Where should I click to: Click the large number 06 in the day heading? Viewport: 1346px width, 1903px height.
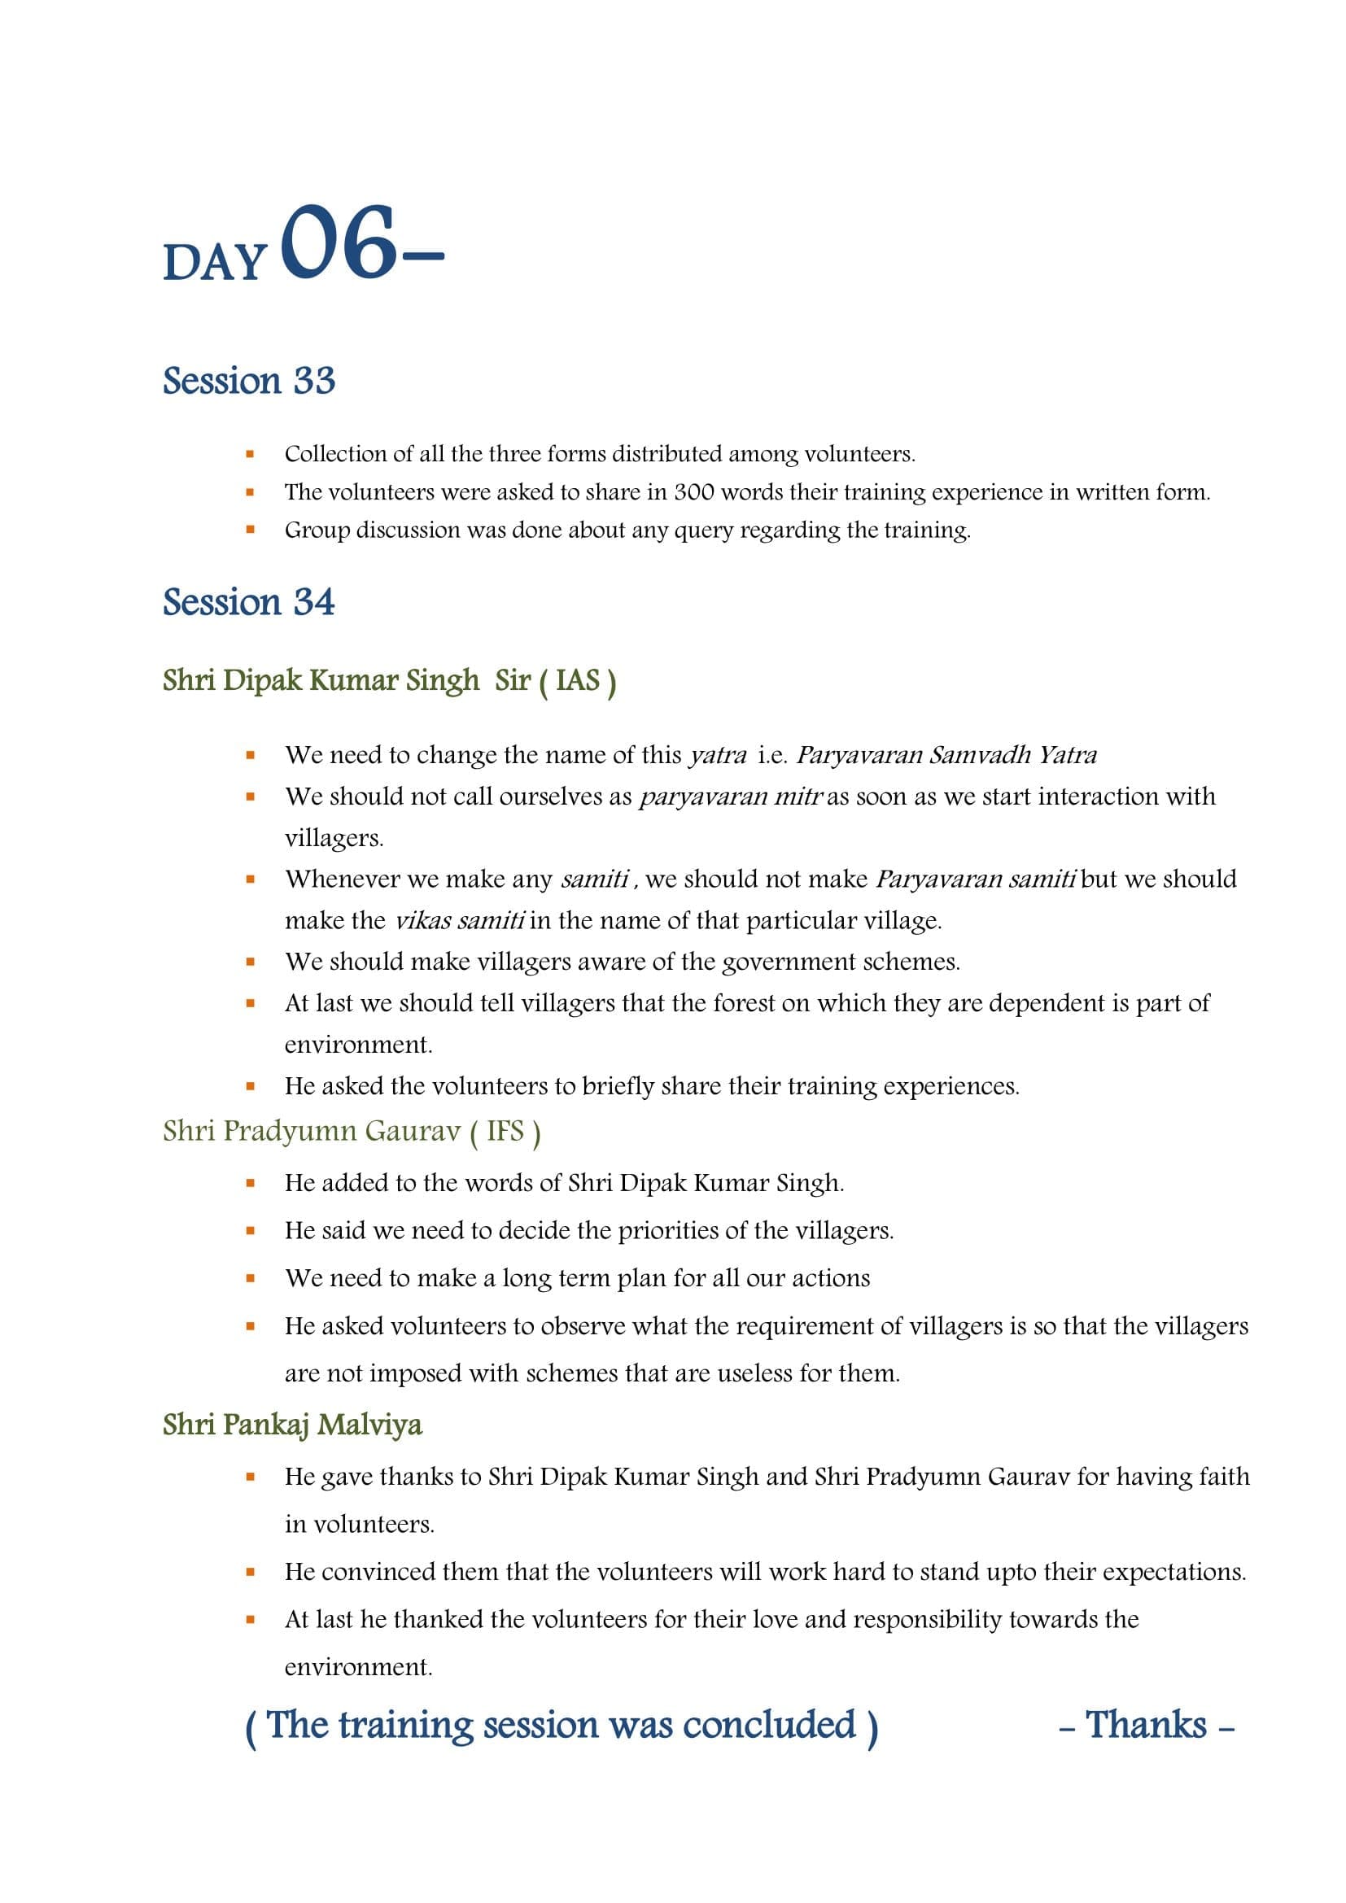tap(339, 242)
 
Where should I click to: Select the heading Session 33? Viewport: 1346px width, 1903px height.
tap(249, 382)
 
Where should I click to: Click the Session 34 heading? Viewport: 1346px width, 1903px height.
tap(249, 603)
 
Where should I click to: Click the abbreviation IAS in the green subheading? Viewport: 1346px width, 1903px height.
tap(578, 680)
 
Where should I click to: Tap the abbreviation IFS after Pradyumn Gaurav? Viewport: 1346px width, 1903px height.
tap(505, 1132)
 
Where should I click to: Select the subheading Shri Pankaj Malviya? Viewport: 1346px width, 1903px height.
tap(292, 1425)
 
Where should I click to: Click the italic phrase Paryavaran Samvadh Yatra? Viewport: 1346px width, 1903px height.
tap(946, 755)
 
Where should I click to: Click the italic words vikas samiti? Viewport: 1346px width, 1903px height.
tap(459, 921)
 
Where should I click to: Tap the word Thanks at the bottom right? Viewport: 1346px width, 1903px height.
tap(1147, 1725)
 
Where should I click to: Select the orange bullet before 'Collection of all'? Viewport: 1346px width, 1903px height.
tap(251, 454)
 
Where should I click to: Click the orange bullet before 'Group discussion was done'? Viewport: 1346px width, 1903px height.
tap(251, 530)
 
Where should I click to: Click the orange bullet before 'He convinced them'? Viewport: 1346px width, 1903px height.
tap(251, 1572)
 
